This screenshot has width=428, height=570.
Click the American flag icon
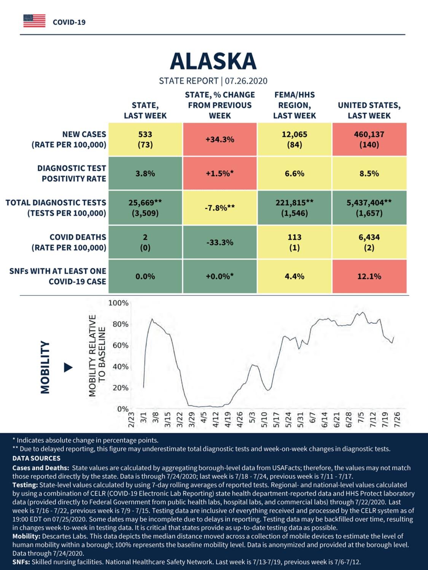34,21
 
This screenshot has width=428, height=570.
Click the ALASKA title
213,61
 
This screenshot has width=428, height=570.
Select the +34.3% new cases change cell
220,139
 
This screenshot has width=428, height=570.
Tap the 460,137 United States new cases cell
369,139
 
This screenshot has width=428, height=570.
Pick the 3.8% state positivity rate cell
145,173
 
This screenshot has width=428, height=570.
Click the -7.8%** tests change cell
220,207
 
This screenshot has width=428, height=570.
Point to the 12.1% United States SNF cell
369,276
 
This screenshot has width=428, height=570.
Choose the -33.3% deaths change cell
220,242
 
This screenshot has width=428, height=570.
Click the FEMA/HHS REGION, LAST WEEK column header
294,105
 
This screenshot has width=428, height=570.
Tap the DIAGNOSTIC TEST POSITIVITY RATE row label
72,173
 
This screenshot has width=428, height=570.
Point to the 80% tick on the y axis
121,325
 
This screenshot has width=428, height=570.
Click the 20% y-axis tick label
121,388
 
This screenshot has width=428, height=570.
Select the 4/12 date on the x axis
216,420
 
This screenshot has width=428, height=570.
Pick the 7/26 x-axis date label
397,420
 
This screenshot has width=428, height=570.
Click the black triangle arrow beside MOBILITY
68,367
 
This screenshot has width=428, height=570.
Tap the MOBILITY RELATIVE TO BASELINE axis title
97,356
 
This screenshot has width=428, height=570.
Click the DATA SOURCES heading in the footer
37,458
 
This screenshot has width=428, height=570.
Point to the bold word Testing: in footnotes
25,485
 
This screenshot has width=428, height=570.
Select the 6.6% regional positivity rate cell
294,173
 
